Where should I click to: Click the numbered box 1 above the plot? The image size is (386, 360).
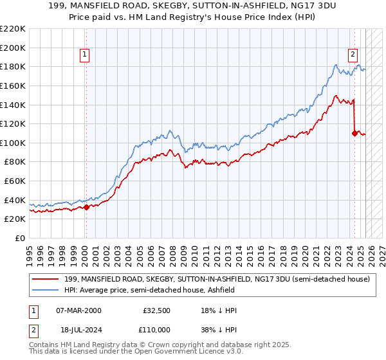click(x=86, y=55)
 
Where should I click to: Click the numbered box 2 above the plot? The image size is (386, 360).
click(x=353, y=55)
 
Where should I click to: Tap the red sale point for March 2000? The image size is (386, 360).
click(x=86, y=206)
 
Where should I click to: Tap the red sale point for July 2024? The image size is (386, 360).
click(x=354, y=133)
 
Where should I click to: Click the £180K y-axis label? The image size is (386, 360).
click(x=14, y=66)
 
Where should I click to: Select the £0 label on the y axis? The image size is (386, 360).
click(x=19, y=238)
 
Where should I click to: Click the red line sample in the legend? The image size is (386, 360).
click(x=46, y=279)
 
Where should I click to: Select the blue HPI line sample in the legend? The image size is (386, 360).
click(x=46, y=290)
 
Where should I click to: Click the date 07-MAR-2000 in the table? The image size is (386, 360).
click(x=79, y=310)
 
